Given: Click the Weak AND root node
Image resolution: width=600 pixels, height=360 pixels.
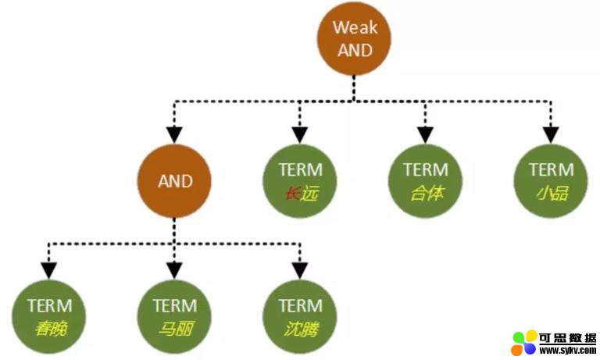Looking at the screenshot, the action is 354,38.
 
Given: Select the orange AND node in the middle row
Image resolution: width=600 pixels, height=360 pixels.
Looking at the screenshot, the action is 174,181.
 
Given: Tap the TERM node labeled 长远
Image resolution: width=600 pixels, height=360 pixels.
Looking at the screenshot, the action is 300,181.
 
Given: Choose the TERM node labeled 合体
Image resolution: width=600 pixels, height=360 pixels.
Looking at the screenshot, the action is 425,181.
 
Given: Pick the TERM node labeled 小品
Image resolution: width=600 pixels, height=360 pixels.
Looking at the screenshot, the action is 551,181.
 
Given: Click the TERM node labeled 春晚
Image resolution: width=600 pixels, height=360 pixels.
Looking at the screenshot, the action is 49,317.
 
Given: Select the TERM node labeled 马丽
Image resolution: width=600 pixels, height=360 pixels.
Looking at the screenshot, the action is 174,317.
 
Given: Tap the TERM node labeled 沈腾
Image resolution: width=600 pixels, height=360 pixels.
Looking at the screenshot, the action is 300,317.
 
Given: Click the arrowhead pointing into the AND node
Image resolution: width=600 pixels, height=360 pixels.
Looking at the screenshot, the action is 174,135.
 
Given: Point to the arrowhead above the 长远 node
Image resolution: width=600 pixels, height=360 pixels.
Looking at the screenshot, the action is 300,135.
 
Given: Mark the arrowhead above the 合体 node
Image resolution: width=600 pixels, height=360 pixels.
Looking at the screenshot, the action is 425,135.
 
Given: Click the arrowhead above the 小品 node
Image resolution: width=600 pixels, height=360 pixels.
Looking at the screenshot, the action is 551,135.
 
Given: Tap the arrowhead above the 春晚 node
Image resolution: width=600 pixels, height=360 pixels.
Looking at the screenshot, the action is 49,271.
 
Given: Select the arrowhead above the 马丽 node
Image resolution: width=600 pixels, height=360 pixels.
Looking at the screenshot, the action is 174,271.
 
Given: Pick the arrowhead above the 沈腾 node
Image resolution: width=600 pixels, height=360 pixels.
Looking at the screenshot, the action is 300,271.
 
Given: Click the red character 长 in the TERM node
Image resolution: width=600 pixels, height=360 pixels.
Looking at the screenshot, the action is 292,194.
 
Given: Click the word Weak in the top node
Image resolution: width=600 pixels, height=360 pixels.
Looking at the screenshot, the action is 355,27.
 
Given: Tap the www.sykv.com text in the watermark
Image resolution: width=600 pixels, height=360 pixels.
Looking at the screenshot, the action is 567,350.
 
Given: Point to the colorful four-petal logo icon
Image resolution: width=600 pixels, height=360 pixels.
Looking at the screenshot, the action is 524,343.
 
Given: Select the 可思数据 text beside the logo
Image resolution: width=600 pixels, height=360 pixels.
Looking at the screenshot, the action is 567,338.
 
